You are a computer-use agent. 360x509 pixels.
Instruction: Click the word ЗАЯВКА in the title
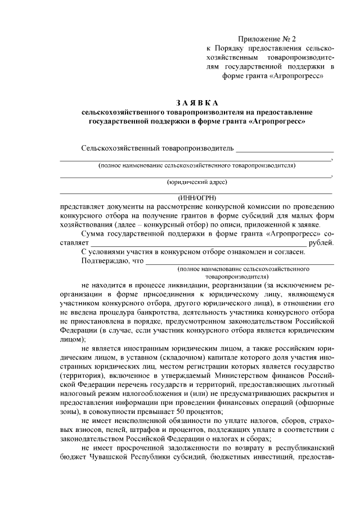[196, 103]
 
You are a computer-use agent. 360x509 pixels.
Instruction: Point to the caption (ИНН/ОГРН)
[197, 197]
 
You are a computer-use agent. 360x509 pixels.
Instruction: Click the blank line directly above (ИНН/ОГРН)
[197, 192]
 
